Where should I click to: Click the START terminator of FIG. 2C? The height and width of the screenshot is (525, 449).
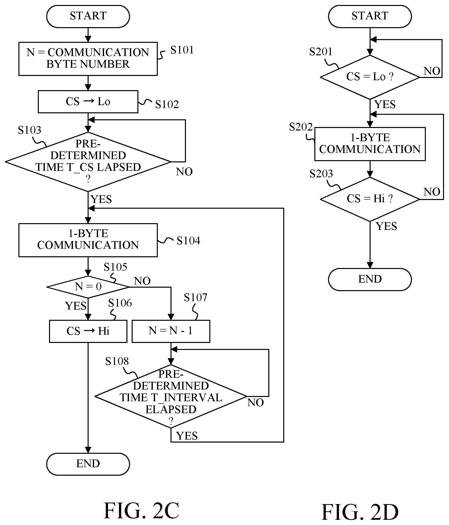[x=88, y=16]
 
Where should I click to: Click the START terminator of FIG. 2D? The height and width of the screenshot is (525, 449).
[x=370, y=16]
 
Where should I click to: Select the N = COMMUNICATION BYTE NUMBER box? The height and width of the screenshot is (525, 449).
[x=88, y=59]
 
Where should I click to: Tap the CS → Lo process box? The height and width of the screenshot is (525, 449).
[x=88, y=102]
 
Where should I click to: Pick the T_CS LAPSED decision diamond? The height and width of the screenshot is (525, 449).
[x=88, y=162]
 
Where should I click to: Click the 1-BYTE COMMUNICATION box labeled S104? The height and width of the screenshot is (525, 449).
[x=88, y=240]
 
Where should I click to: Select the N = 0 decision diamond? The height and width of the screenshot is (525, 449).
[x=88, y=287]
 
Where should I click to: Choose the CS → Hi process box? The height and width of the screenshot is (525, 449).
[x=88, y=331]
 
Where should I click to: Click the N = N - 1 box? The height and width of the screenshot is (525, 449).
[x=171, y=331]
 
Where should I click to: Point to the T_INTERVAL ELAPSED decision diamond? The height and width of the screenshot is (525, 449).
[x=171, y=396]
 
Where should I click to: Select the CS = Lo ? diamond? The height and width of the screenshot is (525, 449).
[x=370, y=77]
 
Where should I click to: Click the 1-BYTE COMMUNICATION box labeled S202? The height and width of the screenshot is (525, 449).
[x=370, y=144]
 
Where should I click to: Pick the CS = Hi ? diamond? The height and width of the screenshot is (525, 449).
[x=370, y=199]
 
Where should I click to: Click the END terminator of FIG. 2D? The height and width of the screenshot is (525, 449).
[x=370, y=279]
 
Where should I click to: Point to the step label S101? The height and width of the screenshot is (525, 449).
[x=182, y=50]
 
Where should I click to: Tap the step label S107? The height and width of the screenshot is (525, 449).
[x=195, y=297]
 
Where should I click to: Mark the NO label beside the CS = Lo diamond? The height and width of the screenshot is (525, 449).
[x=432, y=71]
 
